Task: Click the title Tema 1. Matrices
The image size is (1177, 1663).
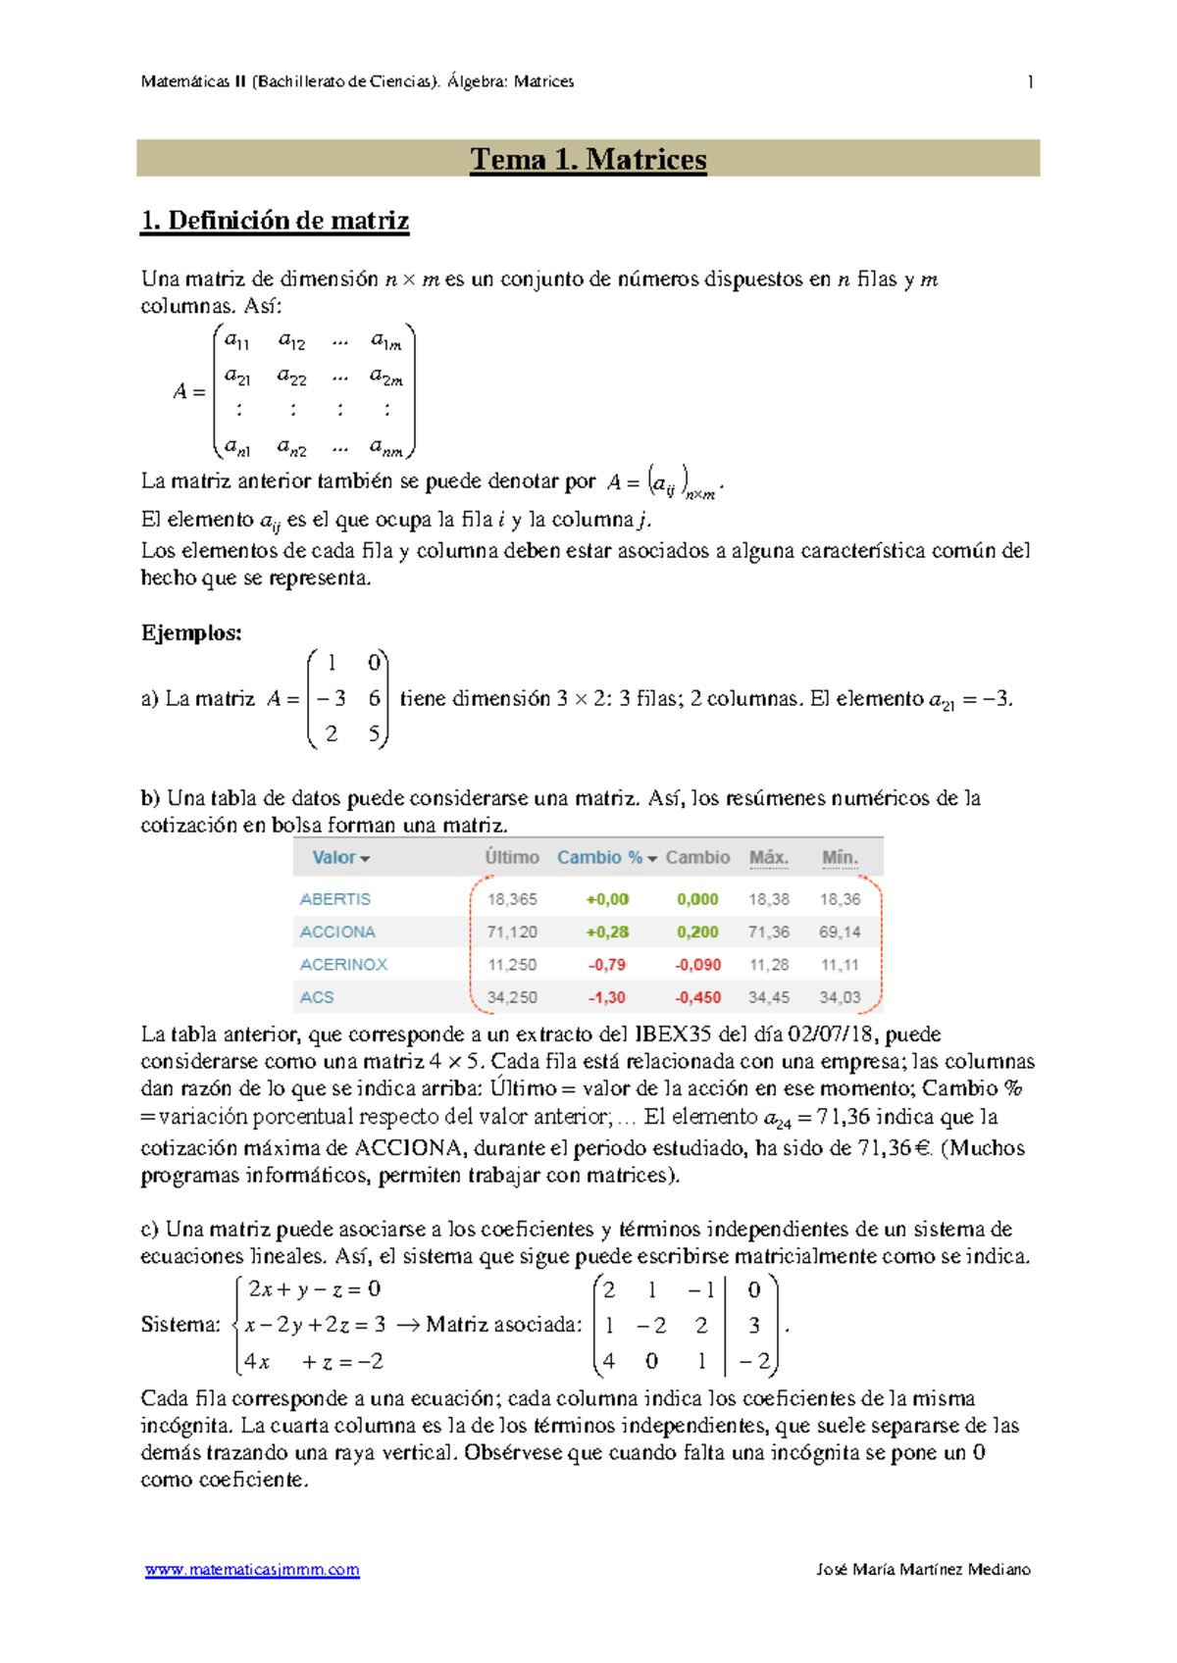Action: (x=588, y=159)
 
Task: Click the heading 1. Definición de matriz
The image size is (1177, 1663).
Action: (x=275, y=221)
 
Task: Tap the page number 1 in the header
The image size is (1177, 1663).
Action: (x=1029, y=82)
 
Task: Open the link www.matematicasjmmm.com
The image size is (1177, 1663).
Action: (x=252, y=1570)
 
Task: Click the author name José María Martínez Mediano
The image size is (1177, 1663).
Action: (x=923, y=1570)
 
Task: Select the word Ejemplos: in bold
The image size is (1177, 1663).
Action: (x=191, y=633)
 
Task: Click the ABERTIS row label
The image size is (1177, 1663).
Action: (x=335, y=899)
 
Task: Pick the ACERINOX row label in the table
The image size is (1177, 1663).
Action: (x=343, y=965)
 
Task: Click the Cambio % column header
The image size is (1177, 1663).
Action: (x=599, y=858)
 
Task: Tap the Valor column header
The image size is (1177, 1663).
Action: (x=334, y=858)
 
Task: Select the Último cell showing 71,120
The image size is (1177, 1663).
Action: (x=512, y=932)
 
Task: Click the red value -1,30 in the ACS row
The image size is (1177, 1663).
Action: (x=607, y=998)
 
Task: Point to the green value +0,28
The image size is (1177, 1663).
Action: (x=607, y=932)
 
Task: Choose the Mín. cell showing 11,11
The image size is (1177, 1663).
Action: (x=840, y=965)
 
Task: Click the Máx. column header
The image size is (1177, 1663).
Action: (x=768, y=858)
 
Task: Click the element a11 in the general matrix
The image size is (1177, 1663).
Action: (x=237, y=341)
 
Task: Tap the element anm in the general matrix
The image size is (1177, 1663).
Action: (x=386, y=448)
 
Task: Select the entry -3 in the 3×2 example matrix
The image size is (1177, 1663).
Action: (x=332, y=699)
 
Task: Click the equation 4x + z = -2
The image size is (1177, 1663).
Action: (x=314, y=1362)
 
